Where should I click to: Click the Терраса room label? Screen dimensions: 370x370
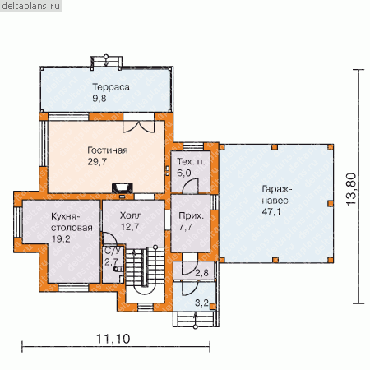click(x=111, y=87)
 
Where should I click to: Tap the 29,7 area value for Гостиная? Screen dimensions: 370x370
click(x=97, y=162)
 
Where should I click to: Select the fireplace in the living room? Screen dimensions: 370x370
click(x=123, y=188)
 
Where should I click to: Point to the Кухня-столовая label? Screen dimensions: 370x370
click(x=72, y=222)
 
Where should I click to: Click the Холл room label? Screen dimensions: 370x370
click(x=131, y=215)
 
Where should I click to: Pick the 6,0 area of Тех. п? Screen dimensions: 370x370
click(x=184, y=173)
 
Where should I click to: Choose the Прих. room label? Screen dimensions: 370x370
click(x=191, y=216)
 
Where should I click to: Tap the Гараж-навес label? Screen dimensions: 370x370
click(x=275, y=195)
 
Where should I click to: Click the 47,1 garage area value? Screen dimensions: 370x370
click(x=271, y=212)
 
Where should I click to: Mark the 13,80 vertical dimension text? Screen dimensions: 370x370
click(x=351, y=189)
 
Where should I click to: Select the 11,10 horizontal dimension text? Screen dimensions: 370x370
click(x=113, y=339)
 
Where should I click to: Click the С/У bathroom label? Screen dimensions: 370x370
click(x=113, y=250)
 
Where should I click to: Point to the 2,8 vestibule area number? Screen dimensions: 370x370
click(x=201, y=273)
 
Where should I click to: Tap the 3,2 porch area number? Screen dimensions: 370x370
click(x=201, y=303)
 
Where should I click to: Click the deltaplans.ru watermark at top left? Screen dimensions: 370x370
click(x=31, y=6)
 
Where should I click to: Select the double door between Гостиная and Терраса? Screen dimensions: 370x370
click(x=139, y=123)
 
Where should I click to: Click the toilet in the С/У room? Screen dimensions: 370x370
click(x=118, y=269)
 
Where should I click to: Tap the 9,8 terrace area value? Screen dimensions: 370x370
click(x=99, y=99)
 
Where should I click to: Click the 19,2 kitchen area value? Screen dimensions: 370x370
click(x=61, y=239)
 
